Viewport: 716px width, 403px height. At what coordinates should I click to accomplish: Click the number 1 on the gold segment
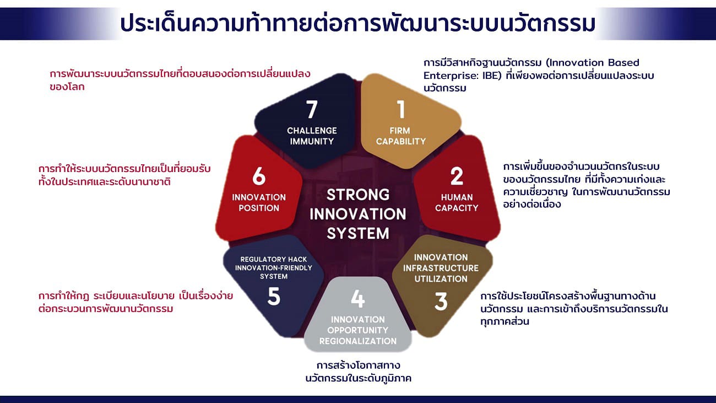[401, 109]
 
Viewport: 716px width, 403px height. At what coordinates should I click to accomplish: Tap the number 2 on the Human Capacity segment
[457, 176]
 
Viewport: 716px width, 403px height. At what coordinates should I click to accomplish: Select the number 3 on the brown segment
[441, 302]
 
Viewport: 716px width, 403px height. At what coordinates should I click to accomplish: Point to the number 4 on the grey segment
[357, 299]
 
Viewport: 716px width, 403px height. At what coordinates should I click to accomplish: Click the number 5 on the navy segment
[274, 296]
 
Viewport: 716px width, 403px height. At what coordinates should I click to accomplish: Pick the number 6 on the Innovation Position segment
[259, 176]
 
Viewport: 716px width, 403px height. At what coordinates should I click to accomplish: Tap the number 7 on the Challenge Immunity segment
[312, 109]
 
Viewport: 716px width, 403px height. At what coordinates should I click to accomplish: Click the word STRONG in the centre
[358, 195]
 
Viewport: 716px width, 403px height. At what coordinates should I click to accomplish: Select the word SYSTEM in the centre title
[358, 233]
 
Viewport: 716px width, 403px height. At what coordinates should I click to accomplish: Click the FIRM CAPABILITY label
[401, 136]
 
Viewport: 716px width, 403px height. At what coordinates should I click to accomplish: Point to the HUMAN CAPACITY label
[457, 202]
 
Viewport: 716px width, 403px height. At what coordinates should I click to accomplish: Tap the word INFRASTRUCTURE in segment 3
[441, 268]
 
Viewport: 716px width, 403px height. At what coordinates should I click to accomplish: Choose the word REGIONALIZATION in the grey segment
[357, 341]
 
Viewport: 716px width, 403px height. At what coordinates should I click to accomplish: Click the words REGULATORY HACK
[274, 259]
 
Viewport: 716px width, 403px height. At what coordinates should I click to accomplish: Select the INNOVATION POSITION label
[259, 202]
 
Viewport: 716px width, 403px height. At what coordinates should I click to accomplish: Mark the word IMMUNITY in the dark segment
[312, 141]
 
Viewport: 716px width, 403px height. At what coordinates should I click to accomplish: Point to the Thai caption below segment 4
[359, 372]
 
